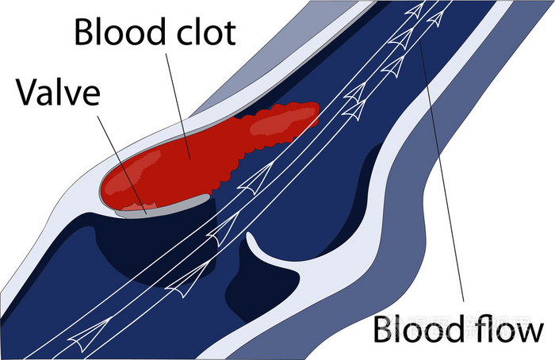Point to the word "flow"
[510, 328]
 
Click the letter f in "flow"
[482, 327]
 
